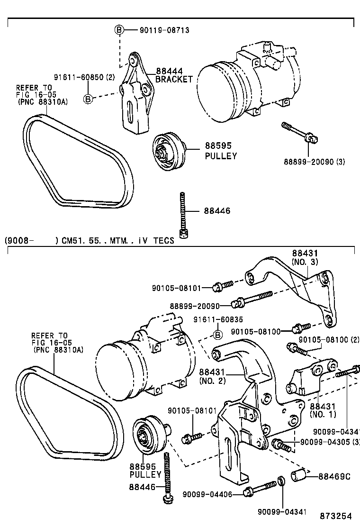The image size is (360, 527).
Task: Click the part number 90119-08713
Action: pyautogui.click(x=164, y=30)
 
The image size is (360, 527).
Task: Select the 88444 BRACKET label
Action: pyautogui.click(x=174, y=75)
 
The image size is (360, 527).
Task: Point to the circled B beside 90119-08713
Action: pyautogui.click(x=119, y=30)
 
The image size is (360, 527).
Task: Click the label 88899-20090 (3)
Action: pyautogui.click(x=315, y=162)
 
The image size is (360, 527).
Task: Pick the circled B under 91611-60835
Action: pyautogui.click(x=218, y=335)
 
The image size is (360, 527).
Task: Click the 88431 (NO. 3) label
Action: pyautogui.click(x=305, y=258)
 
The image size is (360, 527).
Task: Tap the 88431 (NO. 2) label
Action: pyautogui.click(x=212, y=376)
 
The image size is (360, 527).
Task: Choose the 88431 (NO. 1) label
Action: pyautogui.click(x=323, y=410)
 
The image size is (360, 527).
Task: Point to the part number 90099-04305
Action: pyautogui.click(x=324, y=442)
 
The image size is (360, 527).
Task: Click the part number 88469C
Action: pyautogui.click(x=334, y=476)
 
